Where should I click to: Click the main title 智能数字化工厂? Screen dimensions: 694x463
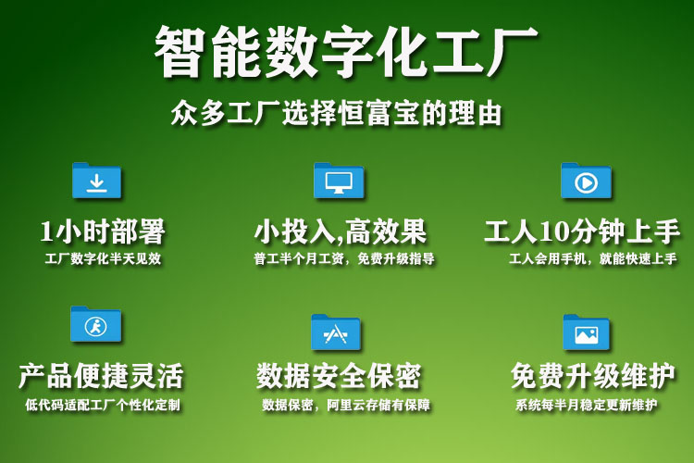pyautogui.click(x=346, y=51)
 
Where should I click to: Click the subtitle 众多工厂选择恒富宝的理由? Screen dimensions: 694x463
pyautogui.click(x=337, y=113)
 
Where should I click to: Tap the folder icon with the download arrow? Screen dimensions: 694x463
pyautogui.click(x=96, y=181)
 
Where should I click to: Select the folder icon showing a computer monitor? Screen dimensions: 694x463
pyautogui.click(x=339, y=181)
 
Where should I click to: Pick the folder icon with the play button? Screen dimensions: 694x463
pyautogui.click(x=586, y=181)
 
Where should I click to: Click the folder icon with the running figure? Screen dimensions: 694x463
pyautogui.click(x=95, y=324)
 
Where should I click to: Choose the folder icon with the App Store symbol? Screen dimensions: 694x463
pyautogui.click(x=336, y=332)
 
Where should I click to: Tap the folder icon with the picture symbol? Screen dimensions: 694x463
pyautogui.click(x=586, y=332)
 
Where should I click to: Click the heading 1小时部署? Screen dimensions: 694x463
pyautogui.click(x=102, y=231)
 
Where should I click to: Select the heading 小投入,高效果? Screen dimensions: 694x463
pyautogui.click(x=341, y=231)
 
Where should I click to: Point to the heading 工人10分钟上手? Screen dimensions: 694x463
pyautogui.click(x=582, y=231)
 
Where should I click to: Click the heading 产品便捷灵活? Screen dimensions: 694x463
pyautogui.click(x=101, y=376)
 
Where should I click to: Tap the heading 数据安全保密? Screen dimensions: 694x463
pyautogui.click(x=339, y=376)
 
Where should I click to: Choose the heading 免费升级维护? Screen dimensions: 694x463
pyautogui.click(x=592, y=376)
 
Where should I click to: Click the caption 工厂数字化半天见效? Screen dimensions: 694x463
pyautogui.click(x=103, y=258)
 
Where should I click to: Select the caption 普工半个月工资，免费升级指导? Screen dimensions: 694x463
pyautogui.click(x=344, y=258)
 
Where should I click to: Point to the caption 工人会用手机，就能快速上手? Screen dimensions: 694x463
pyautogui.click(x=592, y=258)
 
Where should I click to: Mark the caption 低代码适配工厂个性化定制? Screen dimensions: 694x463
pyautogui.click(x=103, y=405)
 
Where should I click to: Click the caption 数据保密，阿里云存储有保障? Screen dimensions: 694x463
pyautogui.click(x=346, y=405)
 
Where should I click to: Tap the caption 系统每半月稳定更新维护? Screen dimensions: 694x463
pyautogui.click(x=586, y=405)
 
